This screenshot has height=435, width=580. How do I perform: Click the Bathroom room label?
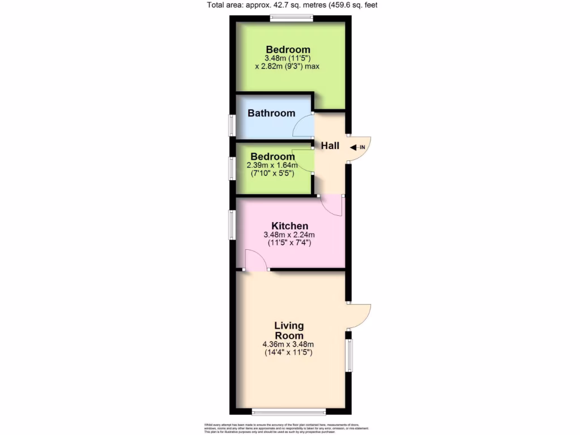click(271, 113)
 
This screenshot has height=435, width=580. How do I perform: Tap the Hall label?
click(330, 146)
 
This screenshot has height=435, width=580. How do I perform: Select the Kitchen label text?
click(289, 226)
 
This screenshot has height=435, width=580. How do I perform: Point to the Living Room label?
click(289, 330)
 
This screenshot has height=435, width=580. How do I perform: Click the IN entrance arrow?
click(358, 148)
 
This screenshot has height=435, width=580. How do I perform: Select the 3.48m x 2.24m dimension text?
click(289, 235)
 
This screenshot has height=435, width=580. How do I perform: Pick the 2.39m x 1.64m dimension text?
click(272, 165)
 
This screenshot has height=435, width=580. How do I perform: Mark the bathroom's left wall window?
click(232, 125)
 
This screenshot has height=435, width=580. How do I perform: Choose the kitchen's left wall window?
click(232, 224)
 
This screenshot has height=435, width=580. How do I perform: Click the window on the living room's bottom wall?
click(289, 411)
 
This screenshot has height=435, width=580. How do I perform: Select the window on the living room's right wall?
click(349, 355)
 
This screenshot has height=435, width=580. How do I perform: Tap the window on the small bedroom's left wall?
click(232, 168)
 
